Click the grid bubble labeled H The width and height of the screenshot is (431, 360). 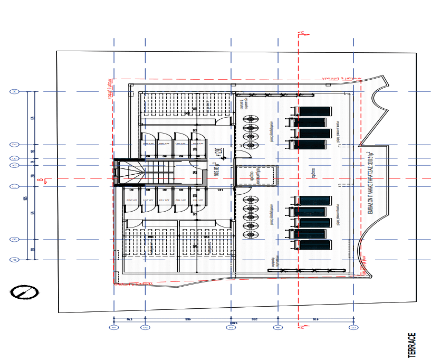[15, 91]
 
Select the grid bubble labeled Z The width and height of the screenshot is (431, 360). [15, 144]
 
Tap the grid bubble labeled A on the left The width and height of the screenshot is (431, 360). [15, 260]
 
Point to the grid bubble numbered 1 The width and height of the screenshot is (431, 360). [114, 327]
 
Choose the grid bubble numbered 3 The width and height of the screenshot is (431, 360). [231, 327]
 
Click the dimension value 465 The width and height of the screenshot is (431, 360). [187, 320]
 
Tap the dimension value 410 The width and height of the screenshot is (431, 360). [315, 320]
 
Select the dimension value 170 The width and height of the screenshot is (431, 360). [130, 320]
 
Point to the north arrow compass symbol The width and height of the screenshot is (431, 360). [24, 291]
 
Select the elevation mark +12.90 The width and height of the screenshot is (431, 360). [217, 153]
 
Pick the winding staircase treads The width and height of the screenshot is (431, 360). [130, 174]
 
